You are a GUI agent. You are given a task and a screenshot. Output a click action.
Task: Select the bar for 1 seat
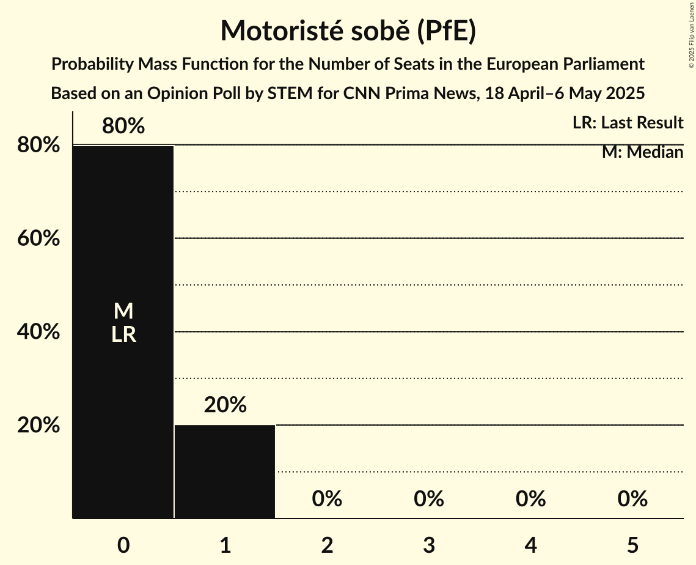pos(225,471)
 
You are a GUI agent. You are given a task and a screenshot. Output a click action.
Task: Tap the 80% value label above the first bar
pos(123,127)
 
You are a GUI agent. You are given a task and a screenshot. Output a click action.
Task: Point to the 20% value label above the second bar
pos(225,405)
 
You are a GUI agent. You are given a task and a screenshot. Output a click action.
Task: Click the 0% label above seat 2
pos(327,499)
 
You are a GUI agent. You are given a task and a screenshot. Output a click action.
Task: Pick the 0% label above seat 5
pos(632,499)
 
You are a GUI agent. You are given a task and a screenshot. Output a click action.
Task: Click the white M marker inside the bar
pos(123,311)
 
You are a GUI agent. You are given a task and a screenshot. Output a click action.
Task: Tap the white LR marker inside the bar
pos(123,334)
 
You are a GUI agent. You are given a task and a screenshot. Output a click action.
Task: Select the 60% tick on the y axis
pos(38,238)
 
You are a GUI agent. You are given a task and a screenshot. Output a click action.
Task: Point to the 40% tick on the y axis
pos(38,332)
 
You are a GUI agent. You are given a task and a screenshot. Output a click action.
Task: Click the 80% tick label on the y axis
pos(38,146)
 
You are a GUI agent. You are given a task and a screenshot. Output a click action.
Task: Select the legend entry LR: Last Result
pos(628,123)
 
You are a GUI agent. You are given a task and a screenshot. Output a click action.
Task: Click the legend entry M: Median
pos(642,152)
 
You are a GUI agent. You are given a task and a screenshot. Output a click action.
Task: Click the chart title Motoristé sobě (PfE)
pos(348,31)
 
